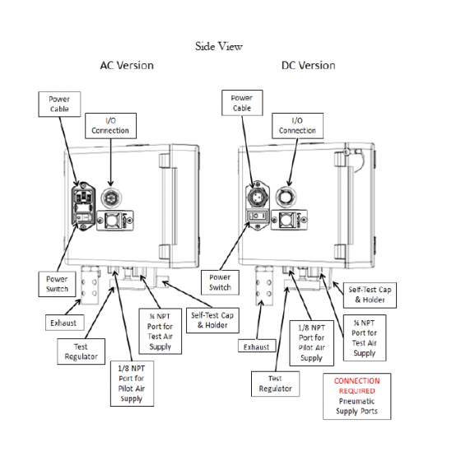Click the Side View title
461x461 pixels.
219,46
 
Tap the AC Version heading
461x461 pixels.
127,65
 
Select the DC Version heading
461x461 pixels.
308,65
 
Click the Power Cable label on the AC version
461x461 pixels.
59,104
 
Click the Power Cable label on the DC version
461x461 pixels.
242,103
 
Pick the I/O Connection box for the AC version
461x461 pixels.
110,125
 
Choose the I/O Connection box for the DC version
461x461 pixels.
297,125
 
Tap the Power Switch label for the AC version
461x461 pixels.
57,284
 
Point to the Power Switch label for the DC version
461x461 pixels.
220,282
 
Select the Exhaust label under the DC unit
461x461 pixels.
257,347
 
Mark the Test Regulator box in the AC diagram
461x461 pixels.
81,352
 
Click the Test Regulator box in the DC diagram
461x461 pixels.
275,384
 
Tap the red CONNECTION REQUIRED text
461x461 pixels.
356,386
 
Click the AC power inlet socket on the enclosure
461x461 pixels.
83,205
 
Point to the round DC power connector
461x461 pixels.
258,195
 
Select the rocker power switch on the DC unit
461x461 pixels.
258,216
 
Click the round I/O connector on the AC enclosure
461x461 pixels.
110,198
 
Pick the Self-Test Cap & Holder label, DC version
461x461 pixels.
370,295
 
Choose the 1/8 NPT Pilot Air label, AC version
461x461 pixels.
132,384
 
